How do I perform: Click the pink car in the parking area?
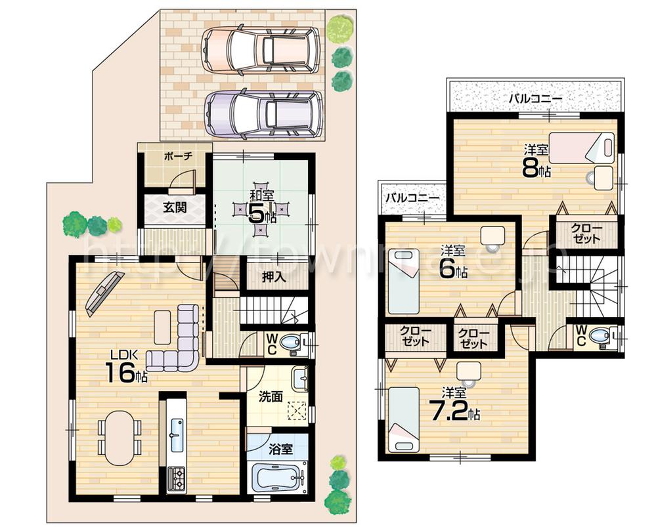[x=261, y=50]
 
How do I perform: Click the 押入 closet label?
[x=274, y=277]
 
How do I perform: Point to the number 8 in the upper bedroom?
[x=530, y=169]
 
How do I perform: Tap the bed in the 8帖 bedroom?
[x=581, y=148]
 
